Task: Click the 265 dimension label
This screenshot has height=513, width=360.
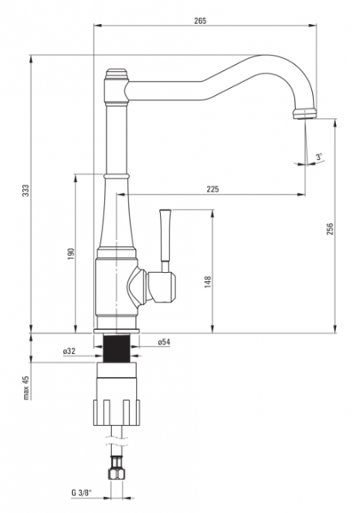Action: (200, 21)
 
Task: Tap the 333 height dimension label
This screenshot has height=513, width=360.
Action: (25, 191)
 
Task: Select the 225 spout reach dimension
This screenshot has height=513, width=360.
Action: (212, 189)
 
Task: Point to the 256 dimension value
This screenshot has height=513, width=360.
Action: (329, 228)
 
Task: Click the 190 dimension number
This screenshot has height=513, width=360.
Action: (71, 254)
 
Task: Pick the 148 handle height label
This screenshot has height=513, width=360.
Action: (208, 281)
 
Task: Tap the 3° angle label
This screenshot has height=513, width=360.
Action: (319, 156)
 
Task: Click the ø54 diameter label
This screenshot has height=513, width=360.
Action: (164, 342)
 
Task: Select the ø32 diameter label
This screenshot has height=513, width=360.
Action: (69, 351)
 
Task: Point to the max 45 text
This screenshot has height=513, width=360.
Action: (27, 388)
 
